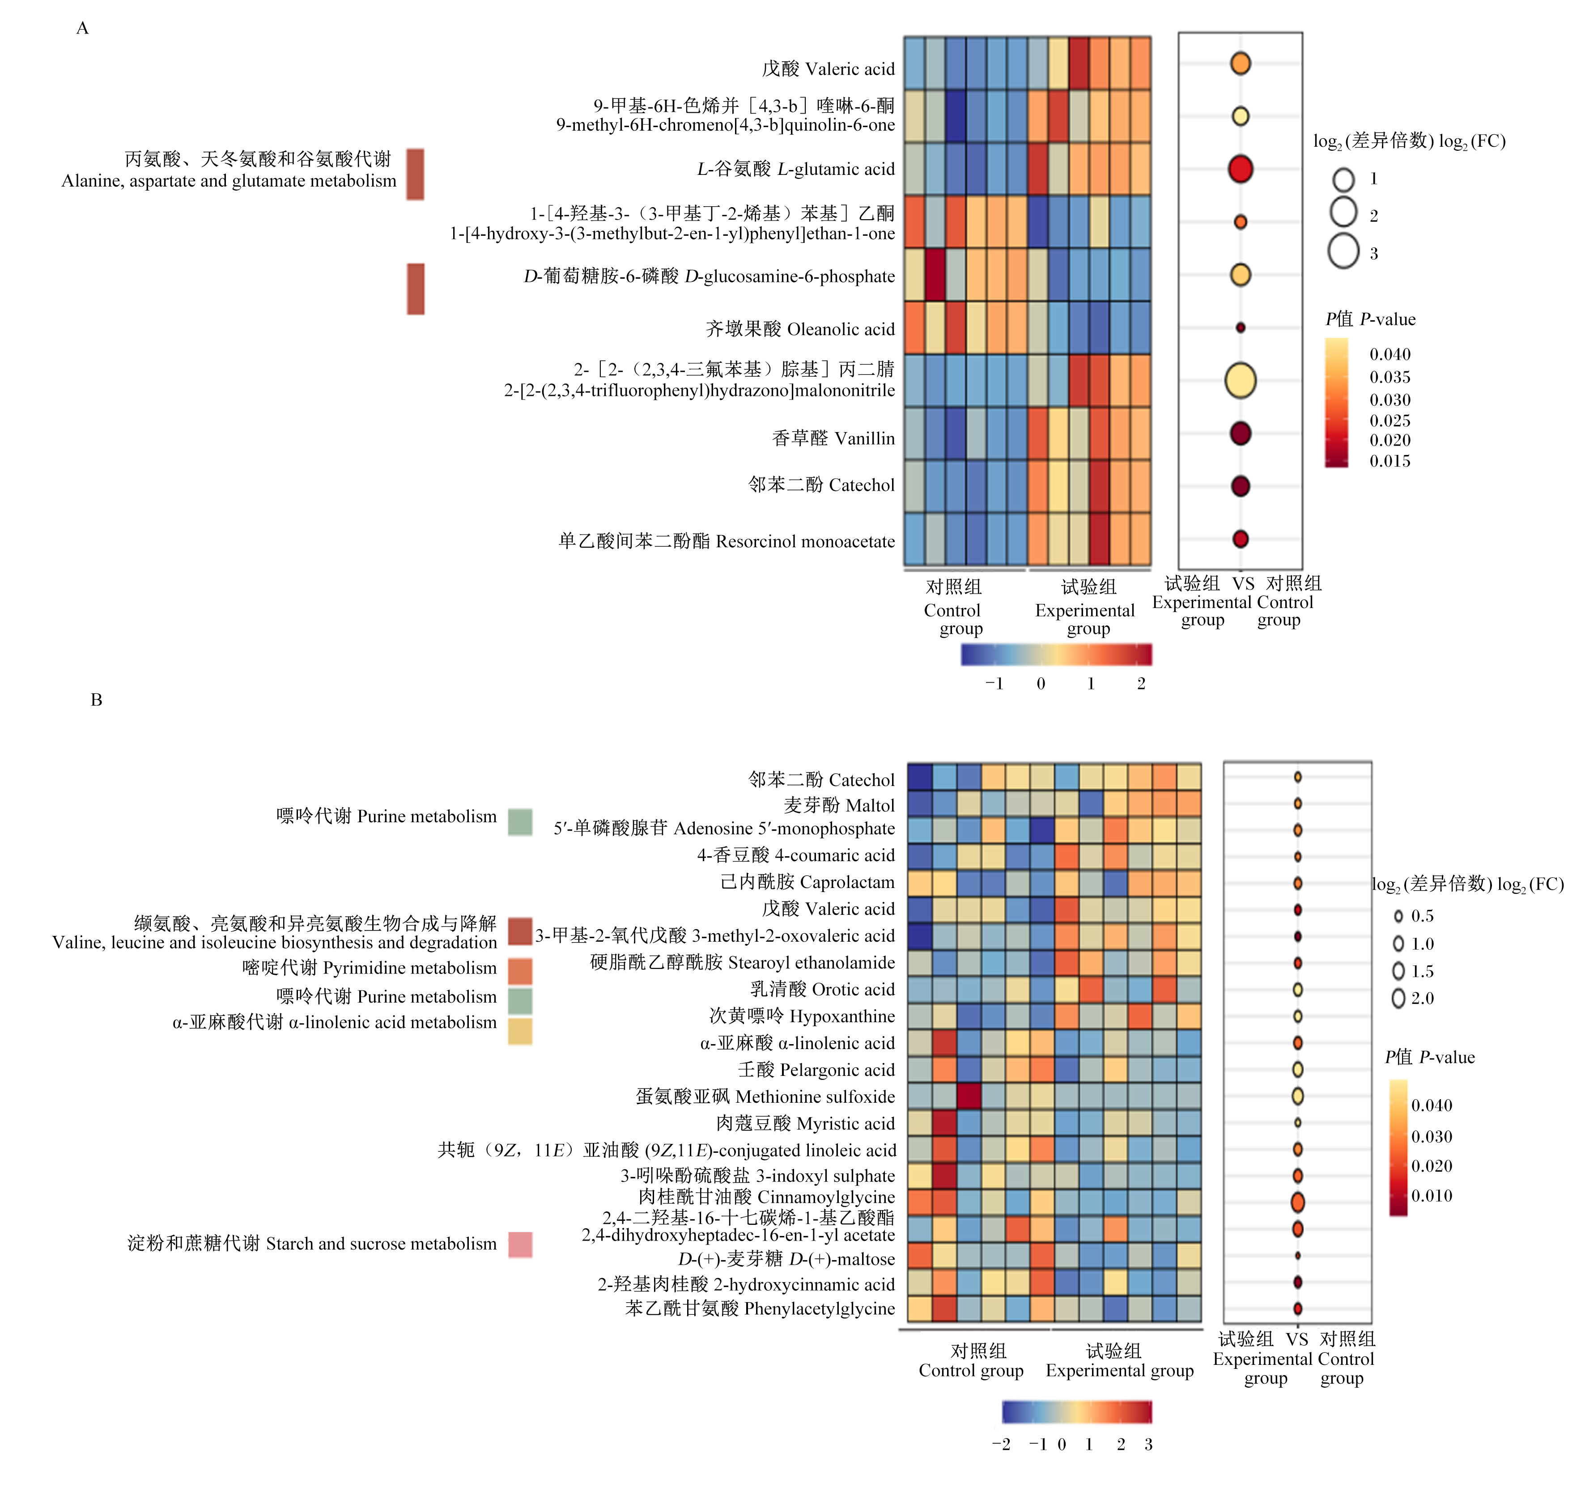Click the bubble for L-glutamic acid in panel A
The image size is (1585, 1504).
pyautogui.click(x=1240, y=169)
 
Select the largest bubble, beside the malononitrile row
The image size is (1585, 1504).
pyautogui.click(x=1240, y=381)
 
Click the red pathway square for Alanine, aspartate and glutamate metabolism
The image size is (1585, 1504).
pyautogui.click(x=415, y=174)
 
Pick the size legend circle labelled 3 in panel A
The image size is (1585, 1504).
pyautogui.click(x=1343, y=251)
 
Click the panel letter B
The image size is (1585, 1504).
pyautogui.click(x=96, y=700)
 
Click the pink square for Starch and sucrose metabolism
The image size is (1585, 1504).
pyautogui.click(x=520, y=1244)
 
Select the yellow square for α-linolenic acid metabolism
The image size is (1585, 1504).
pyautogui.click(x=520, y=1031)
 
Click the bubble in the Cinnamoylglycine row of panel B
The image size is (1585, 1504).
pyautogui.click(x=1297, y=1202)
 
